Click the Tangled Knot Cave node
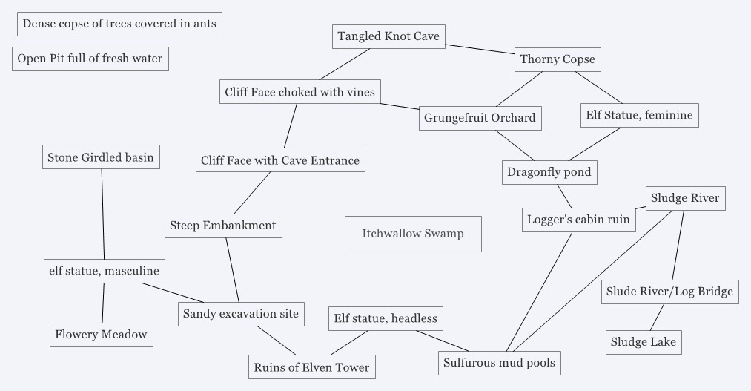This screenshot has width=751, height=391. coord(388,36)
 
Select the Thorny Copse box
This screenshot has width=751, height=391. coord(557,59)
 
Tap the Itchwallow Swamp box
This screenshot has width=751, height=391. coord(413,234)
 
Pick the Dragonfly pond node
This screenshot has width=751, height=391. coord(549,172)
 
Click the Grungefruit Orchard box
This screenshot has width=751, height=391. coord(480,118)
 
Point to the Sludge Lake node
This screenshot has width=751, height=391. coord(643,342)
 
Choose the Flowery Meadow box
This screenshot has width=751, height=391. coord(101,335)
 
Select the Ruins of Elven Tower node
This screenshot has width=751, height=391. coord(311,367)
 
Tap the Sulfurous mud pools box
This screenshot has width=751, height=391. coord(499,363)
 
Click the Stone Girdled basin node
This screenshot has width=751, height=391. coord(100,157)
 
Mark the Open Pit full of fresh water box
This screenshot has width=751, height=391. coord(90,59)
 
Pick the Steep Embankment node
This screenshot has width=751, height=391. coord(222,226)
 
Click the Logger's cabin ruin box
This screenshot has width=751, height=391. coord(578,220)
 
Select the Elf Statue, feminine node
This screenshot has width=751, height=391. coord(639,115)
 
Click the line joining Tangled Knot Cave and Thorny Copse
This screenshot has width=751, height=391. coord(480,48)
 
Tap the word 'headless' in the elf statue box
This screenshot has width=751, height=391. coord(411,318)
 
